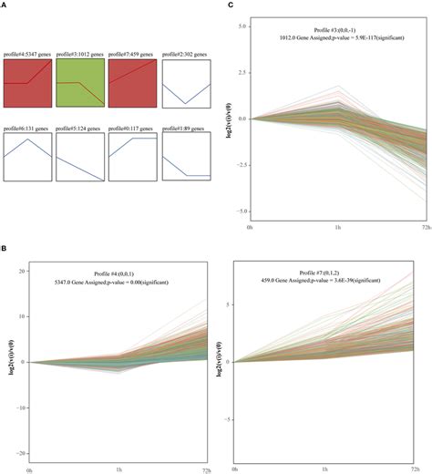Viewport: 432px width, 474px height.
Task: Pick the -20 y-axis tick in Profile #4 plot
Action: pyautogui.click(x=20, y=452)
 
